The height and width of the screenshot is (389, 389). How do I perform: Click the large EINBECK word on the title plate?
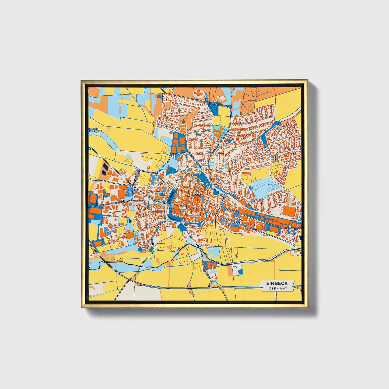tap(277, 283)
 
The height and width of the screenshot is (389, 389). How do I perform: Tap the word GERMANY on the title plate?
tap(278, 288)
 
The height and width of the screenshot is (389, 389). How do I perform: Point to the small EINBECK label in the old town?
tap(196, 194)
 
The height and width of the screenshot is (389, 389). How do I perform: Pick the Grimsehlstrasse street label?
tap(286, 228)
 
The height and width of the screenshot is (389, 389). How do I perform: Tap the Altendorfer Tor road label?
tap(249, 228)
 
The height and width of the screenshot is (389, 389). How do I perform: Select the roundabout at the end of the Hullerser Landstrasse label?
tap(124, 201)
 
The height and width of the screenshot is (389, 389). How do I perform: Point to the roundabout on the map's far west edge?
tap(90, 148)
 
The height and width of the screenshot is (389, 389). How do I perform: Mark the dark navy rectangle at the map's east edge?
tap(301, 237)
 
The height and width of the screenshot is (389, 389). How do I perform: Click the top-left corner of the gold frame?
tap(82, 80)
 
